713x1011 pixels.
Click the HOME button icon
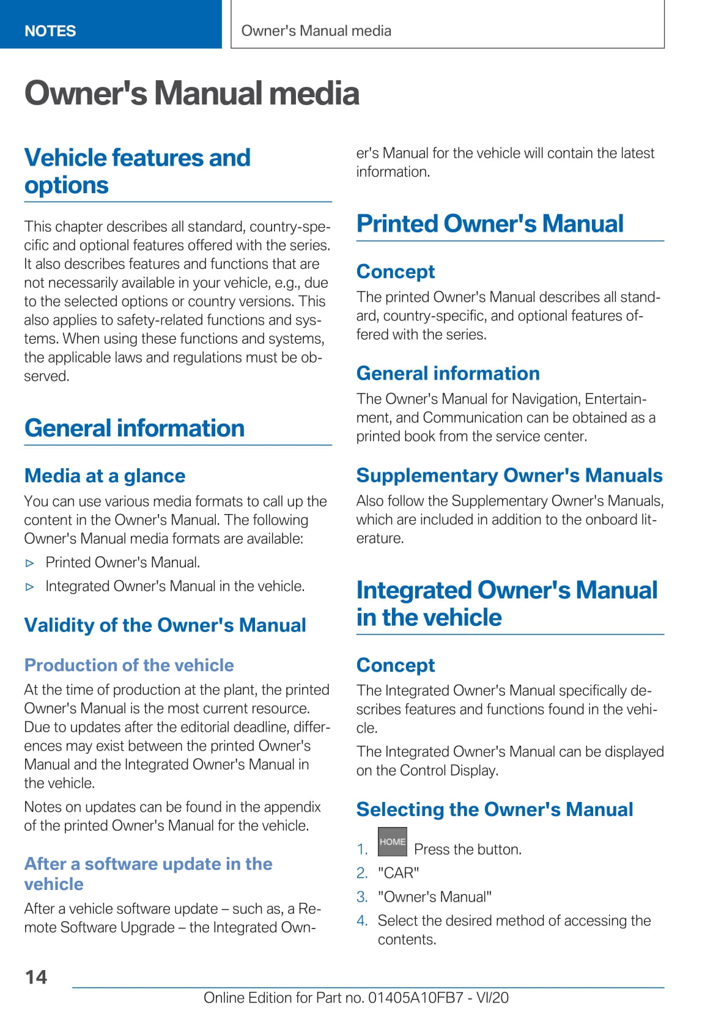click(392, 842)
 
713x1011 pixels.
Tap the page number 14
click(36, 977)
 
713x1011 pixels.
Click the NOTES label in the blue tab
click(50, 31)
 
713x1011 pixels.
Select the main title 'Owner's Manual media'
click(191, 94)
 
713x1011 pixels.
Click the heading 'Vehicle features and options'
click(137, 171)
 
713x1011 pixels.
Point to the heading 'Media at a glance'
click(105, 476)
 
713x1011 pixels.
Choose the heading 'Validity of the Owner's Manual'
click(165, 625)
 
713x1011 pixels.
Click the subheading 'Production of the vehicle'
click(129, 665)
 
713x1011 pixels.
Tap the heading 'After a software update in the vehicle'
click(148, 873)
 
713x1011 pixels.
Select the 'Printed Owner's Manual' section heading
click(490, 224)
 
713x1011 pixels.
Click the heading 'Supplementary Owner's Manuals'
click(509, 476)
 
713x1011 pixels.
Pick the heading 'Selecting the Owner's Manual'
click(495, 809)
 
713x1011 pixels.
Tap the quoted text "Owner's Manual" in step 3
click(435, 897)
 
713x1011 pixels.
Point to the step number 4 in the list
click(362, 921)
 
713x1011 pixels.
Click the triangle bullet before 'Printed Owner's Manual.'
click(30, 563)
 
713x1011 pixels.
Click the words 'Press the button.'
click(468, 849)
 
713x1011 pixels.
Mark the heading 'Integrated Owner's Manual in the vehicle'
click(507, 603)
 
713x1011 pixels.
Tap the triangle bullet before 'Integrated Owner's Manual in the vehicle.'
click(30, 587)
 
